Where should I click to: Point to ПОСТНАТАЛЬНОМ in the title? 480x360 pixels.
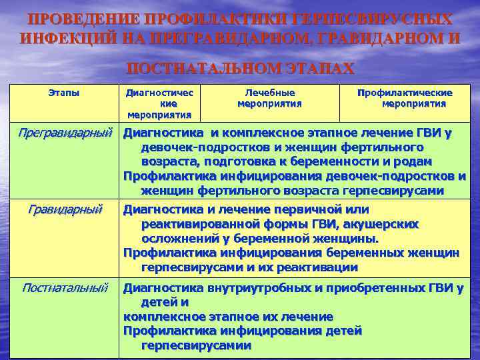pyautogui.click(x=201, y=69)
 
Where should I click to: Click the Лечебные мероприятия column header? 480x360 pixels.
pyautogui.click(x=270, y=98)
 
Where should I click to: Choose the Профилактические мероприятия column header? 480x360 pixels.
pyautogui.click(x=405, y=98)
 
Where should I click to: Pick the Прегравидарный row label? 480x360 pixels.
pyautogui.click(x=64, y=133)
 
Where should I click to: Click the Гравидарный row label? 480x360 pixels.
pyautogui.click(x=65, y=210)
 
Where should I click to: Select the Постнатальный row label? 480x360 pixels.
pyautogui.click(x=65, y=288)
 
